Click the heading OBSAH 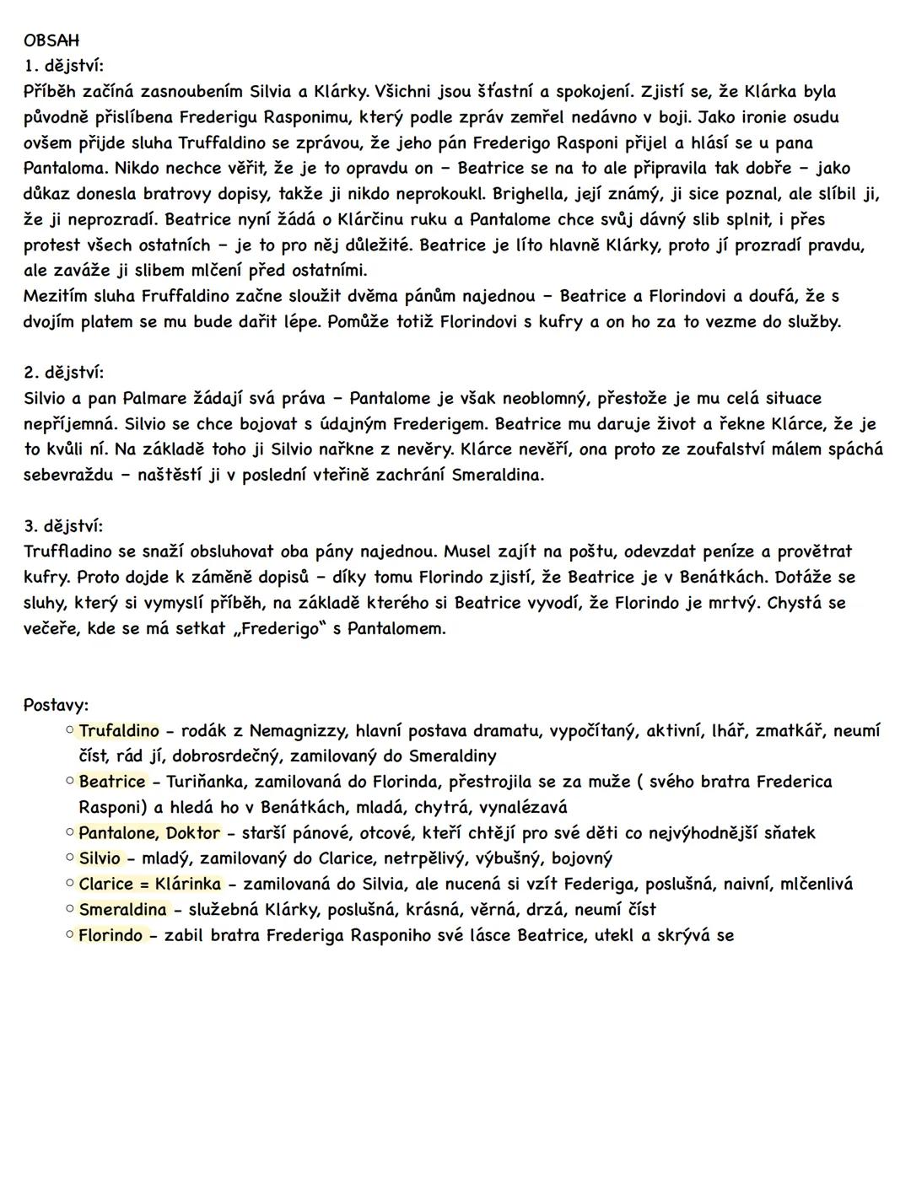(51, 40)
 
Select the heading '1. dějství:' (64, 66)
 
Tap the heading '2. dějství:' (64, 373)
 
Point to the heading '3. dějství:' (64, 526)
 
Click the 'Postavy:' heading (56, 705)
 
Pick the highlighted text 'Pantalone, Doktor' (149, 833)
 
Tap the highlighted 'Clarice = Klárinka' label (150, 884)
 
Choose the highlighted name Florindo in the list (111, 935)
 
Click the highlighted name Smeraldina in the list (123, 910)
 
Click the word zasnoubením (176, 91)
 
